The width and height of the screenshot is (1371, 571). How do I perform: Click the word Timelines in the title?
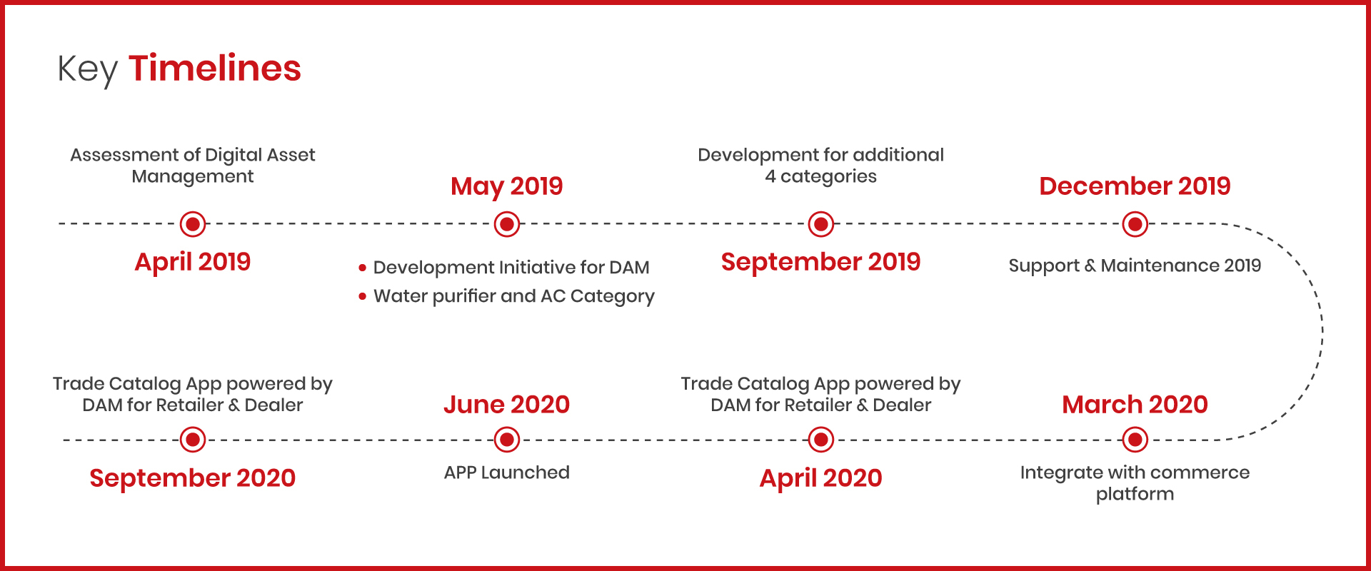pyautogui.click(x=215, y=69)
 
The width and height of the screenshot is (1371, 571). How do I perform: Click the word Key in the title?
pyautogui.click(x=87, y=71)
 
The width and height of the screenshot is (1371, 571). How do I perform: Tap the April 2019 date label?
pyautogui.click(x=193, y=262)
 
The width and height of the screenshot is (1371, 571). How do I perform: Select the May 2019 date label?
pyautogui.click(x=507, y=186)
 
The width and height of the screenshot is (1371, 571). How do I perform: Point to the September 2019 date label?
pyautogui.click(x=821, y=262)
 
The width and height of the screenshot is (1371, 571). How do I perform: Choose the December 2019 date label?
pyautogui.click(x=1135, y=186)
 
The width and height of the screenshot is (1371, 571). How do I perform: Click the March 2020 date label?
pyautogui.click(x=1135, y=405)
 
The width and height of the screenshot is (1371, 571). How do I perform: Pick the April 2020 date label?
pyautogui.click(x=821, y=478)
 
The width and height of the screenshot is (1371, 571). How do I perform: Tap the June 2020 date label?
pyautogui.click(x=507, y=405)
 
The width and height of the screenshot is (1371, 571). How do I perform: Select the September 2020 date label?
pyautogui.click(x=193, y=478)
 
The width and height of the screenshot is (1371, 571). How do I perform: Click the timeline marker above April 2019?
pyautogui.click(x=193, y=224)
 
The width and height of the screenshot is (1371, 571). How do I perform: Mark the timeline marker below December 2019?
pyautogui.click(x=1135, y=224)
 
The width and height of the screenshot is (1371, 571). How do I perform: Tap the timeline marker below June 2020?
pyautogui.click(x=507, y=440)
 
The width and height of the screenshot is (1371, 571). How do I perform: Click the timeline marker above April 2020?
pyautogui.click(x=821, y=440)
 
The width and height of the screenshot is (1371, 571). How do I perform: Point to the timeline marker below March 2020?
pyautogui.click(x=1135, y=440)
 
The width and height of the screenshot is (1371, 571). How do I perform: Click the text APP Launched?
pyautogui.click(x=507, y=473)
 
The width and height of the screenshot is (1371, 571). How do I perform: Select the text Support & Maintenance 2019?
pyautogui.click(x=1135, y=266)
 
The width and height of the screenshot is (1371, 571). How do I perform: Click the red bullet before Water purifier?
pyautogui.click(x=363, y=296)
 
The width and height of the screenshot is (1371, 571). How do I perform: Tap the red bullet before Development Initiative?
pyautogui.click(x=363, y=268)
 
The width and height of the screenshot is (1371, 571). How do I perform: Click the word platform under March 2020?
pyautogui.click(x=1135, y=494)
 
